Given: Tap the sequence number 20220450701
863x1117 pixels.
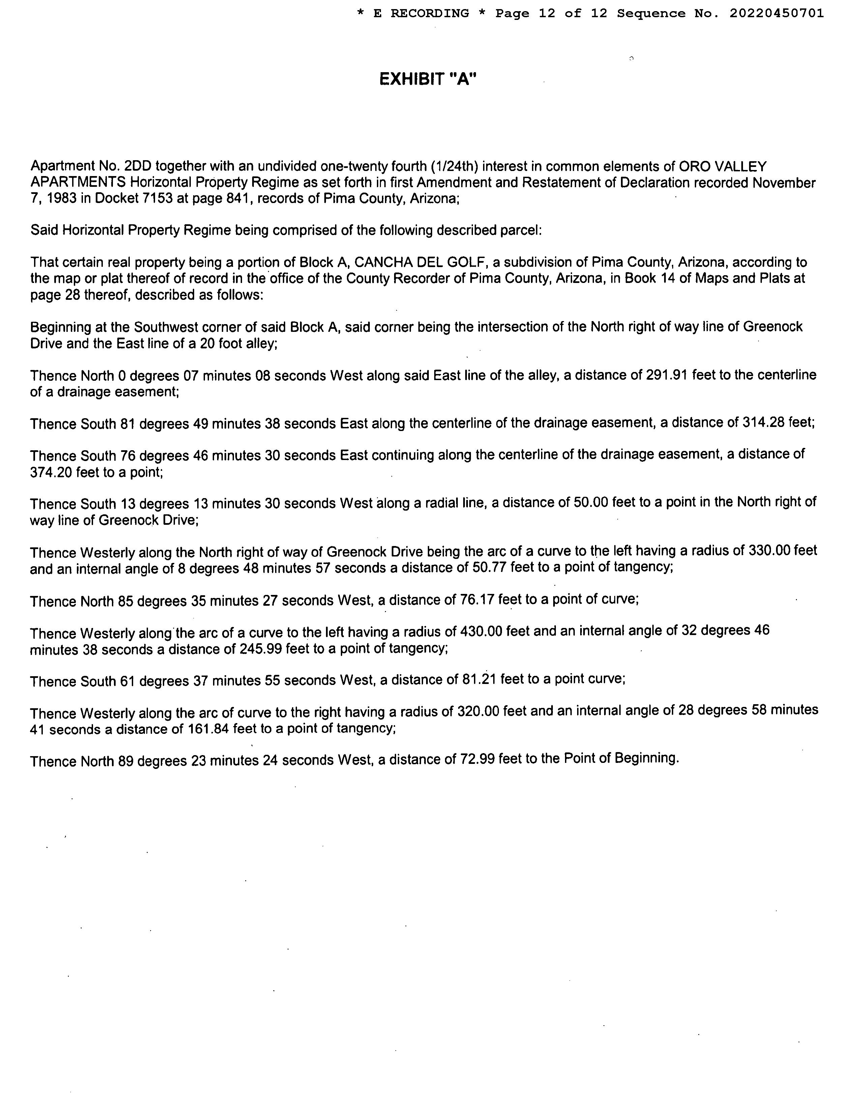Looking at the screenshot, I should tap(777, 13).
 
